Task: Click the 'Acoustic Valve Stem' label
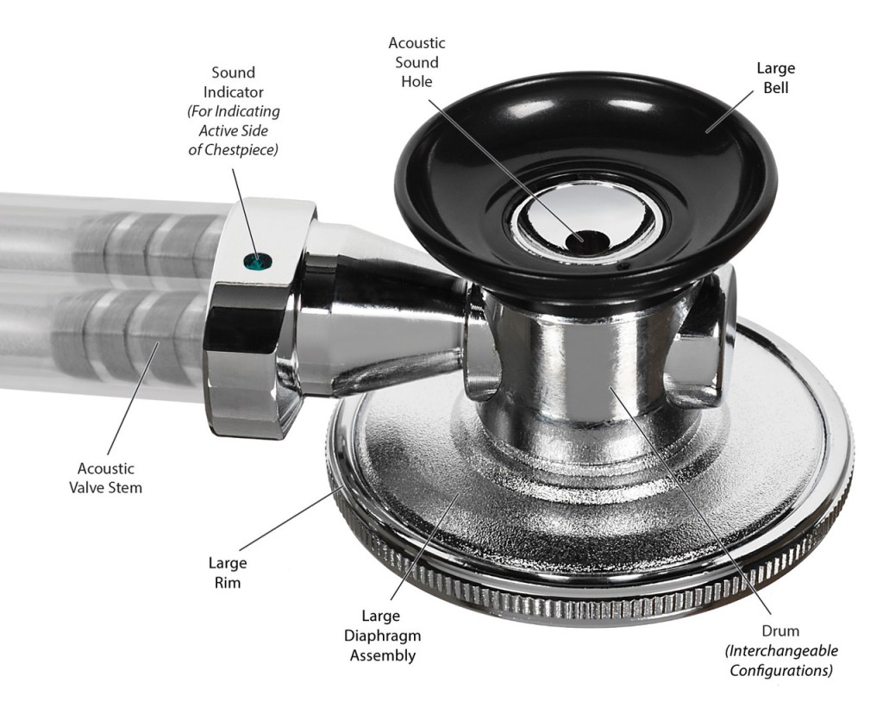(x=106, y=478)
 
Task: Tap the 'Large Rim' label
(x=227, y=573)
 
